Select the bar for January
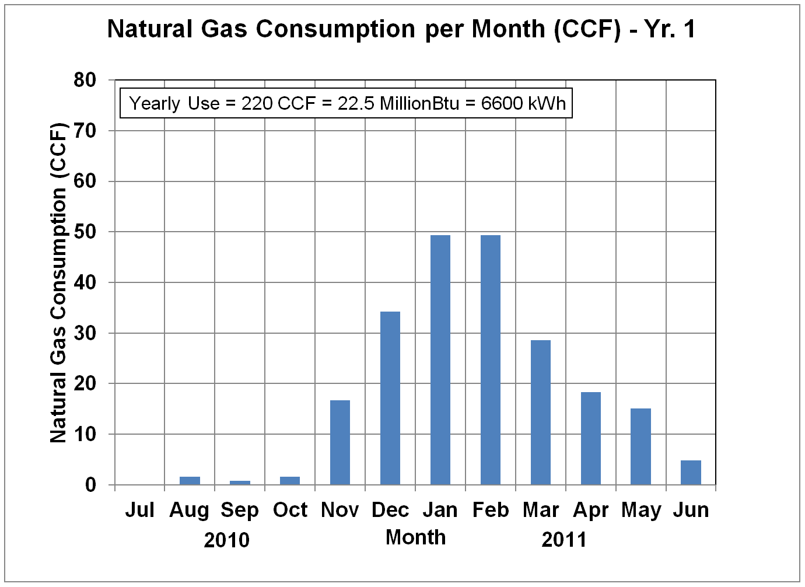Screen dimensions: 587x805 coord(440,360)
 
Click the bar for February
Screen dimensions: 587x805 coord(490,360)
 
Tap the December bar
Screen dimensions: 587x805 coord(390,398)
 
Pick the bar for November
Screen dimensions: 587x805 coord(340,442)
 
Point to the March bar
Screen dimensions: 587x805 coord(540,413)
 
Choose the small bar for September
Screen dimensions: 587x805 coord(240,483)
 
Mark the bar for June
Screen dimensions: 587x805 coord(691,473)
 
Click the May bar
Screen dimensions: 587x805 coord(640,446)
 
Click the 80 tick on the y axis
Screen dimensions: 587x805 coord(85,80)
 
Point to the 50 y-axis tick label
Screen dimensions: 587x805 coord(85,232)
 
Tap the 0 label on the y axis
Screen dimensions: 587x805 coord(90,485)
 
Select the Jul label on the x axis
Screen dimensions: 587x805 coord(139,510)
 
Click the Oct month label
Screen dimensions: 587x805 coord(290,510)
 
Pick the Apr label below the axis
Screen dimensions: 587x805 coord(590,511)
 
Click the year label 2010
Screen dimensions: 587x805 coord(226,540)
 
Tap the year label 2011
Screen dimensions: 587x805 coord(563,540)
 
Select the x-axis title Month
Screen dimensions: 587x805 coord(415,537)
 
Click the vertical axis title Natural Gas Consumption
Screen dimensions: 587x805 coord(58,282)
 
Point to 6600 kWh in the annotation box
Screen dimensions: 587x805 coord(523,103)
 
